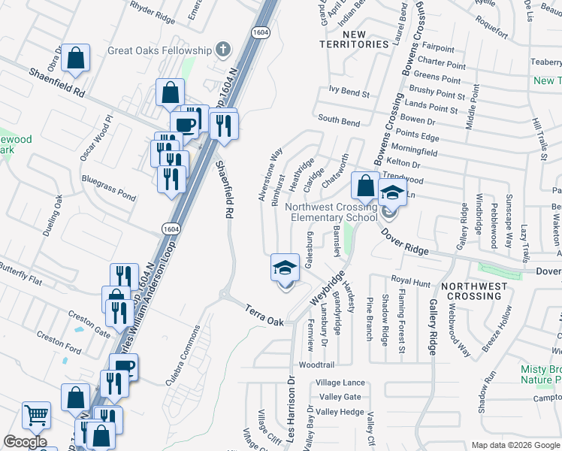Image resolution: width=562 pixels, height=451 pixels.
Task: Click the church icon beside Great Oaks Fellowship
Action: click(222, 50)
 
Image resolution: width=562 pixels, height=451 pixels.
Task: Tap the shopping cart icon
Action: click(36, 415)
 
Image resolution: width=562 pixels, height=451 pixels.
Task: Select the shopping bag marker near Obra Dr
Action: click(75, 58)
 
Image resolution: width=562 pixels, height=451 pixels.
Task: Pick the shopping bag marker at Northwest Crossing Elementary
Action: click(364, 184)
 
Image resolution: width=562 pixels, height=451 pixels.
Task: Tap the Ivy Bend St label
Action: click(349, 95)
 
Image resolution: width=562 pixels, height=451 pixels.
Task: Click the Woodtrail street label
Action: click(316, 365)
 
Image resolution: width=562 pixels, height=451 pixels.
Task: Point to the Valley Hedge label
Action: click(340, 412)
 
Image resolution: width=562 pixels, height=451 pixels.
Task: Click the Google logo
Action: click(25, 442)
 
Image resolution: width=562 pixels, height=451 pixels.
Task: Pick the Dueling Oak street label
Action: click(53, 217)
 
